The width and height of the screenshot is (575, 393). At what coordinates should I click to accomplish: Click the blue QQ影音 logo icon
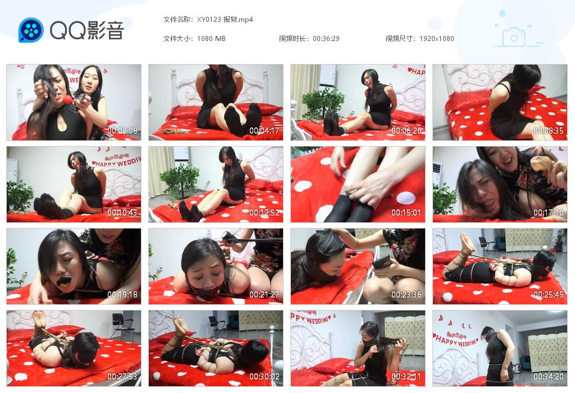click(x=31, y=30)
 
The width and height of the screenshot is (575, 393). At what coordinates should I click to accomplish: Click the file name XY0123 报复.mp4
click(x=225, y=19)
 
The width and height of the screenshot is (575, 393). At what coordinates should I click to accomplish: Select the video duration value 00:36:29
click(x=326, y=39)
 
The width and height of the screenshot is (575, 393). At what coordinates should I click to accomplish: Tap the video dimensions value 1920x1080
click(x=436, y=39)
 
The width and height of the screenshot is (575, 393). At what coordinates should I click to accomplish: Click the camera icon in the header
click(x=513, y=38)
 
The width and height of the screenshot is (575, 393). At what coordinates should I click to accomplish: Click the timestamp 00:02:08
click(x=122, y=131)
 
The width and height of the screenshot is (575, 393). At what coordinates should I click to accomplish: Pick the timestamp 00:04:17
click(x=264, y=131)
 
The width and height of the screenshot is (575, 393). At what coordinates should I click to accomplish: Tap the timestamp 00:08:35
click(x=549, y=131)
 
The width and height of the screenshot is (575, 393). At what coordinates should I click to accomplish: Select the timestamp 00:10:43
click(x=122, y=213)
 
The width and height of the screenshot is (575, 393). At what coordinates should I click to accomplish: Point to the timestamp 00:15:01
click(x=407, y=213)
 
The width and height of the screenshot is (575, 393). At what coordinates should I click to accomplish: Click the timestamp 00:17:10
click(x=549, y=213)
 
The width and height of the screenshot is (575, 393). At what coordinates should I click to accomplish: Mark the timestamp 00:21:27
click(x=264, y=295)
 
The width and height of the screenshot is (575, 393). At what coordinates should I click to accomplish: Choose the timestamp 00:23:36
click(x=407, y=295)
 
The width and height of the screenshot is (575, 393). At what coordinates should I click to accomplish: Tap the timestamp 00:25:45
click(x=549, y=295)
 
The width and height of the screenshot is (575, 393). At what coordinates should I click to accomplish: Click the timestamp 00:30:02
click(x=264, y=377)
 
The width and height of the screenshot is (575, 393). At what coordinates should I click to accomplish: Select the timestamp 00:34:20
click(x=549, y=377)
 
